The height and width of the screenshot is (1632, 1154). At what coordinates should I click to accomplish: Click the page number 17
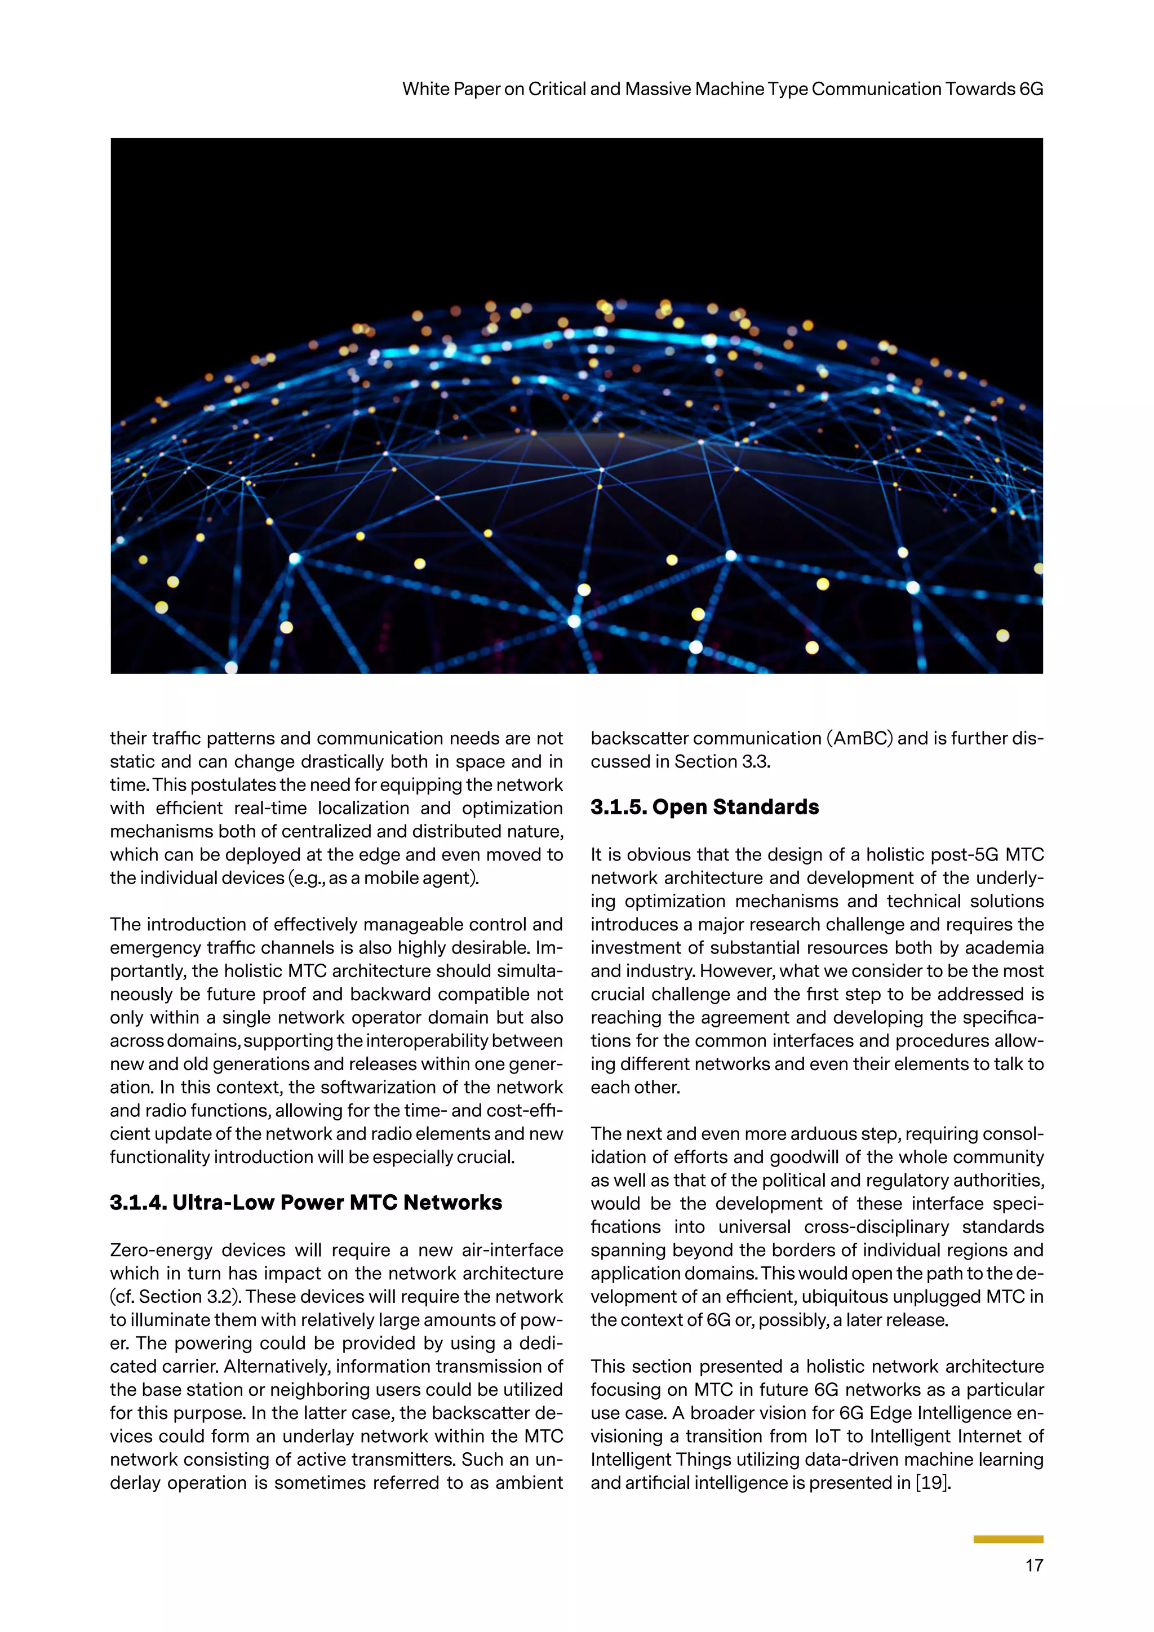click(1034, 1564)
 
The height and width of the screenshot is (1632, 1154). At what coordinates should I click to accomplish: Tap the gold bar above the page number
click(1007, 1539)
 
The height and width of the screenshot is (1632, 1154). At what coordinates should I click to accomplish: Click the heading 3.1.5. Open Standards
click(704, 807)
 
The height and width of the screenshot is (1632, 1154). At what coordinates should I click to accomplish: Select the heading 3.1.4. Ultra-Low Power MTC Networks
click(305, 1202)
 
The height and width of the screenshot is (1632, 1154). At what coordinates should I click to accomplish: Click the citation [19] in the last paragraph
click(933, 1483)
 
